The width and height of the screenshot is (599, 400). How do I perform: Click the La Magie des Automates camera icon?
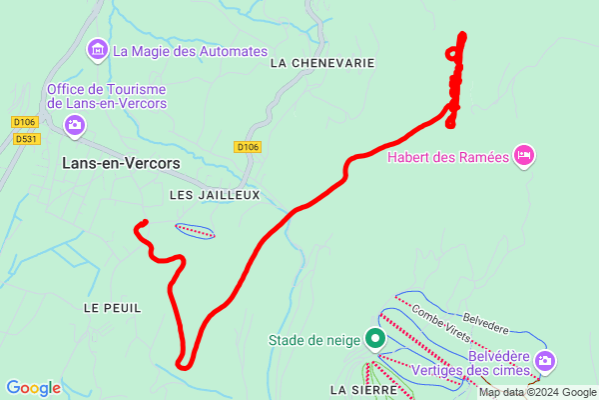[x=98, y=49]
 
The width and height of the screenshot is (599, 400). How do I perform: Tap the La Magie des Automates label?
[x=190, y=50]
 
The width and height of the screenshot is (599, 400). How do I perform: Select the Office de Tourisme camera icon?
[x=75, y=125]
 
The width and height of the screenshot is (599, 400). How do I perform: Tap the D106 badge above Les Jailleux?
[x=249, y=147]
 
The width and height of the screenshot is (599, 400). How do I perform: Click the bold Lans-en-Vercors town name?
[x=121, y=162]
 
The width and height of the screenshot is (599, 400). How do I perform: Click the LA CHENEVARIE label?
[x=321, y=62]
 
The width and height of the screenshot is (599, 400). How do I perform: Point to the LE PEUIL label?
[x=113, y=307]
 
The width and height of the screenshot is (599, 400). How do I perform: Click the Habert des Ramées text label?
[x=448, y=155]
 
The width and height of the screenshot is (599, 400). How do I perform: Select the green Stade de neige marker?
[x=375, y=340]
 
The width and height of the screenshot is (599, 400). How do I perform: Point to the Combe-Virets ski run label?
[x=441, y=321]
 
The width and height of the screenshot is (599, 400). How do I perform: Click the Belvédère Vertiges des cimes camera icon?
[x=544, y=360]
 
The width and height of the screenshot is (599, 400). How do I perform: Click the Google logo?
[x=33, y=388]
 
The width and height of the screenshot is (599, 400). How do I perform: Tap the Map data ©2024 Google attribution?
[x=537, y=392]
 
